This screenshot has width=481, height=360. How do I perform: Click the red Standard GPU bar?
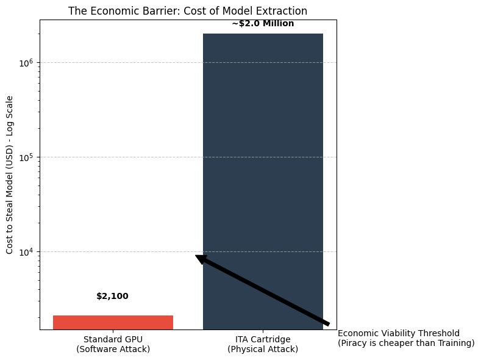[x=113, y=322]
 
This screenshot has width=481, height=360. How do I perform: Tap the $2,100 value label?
[x=112, y=297]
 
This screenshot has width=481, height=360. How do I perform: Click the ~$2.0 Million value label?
[x=263, y=24]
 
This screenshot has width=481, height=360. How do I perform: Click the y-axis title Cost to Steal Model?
[x=10, y=201]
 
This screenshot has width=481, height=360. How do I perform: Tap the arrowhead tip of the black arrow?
[x=196, y=256]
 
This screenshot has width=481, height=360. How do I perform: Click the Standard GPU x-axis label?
[x=113, y=339]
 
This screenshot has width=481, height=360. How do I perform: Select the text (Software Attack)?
[x=113, y=349]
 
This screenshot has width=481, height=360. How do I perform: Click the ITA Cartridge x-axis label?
[x=263, y=339]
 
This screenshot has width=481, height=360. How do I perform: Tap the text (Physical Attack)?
[x=263, y=349]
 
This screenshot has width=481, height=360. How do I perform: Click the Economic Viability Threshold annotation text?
[x=399, y=333]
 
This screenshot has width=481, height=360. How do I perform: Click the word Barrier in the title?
[x=148, y=11]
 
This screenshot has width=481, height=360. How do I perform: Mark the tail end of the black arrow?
[x=329, y=324]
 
